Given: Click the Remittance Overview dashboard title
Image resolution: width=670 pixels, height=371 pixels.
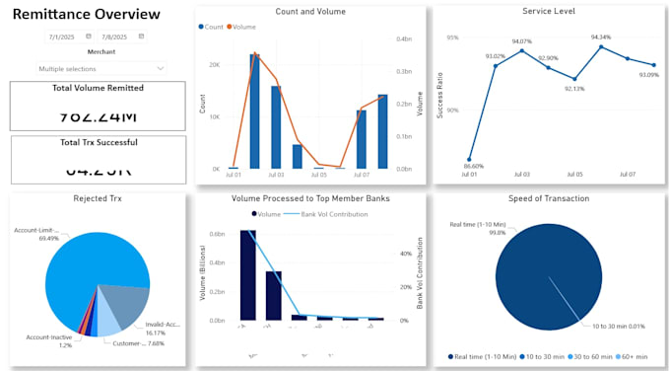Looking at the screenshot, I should [x=86, y=15].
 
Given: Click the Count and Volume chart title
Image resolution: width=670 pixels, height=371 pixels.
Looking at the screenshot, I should [x=309, y=11].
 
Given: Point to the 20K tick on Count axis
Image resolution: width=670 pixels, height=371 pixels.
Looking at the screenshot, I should [x=213, y=65].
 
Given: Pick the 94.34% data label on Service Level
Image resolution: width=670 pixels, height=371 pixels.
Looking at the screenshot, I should [x=600, y=37].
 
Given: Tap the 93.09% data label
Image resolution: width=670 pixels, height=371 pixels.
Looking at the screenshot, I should [x=648, y=75].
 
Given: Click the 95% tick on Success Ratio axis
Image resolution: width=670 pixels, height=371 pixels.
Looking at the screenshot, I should [x=452, y=37].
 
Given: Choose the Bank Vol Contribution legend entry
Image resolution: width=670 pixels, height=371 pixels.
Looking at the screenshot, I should [x=329, y=213].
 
